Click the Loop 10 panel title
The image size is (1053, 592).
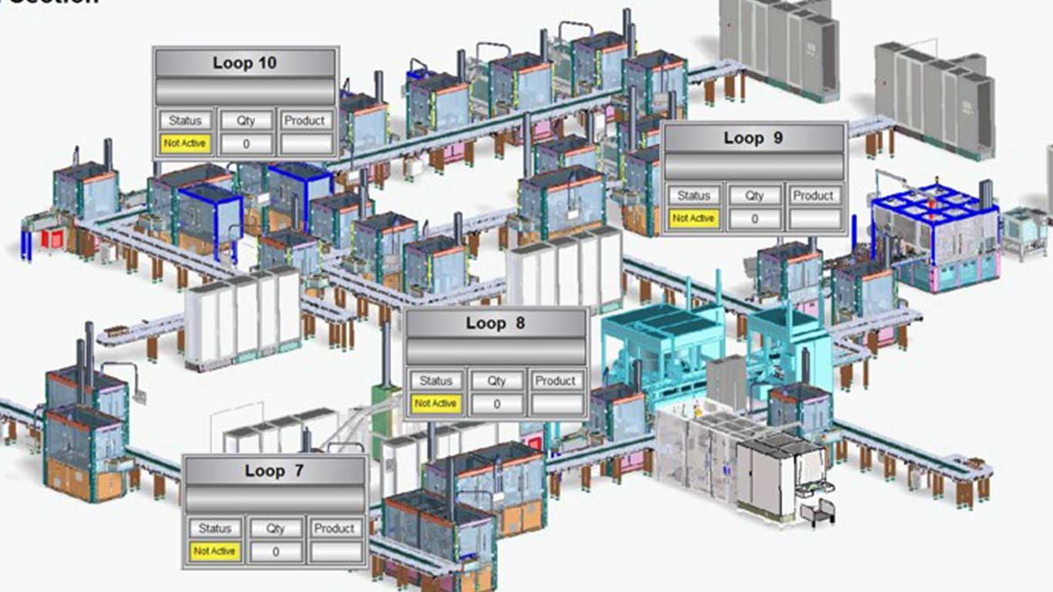coord(245,62)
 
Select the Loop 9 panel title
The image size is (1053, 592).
coord(754,138)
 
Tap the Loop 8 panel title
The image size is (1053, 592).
coord(496,323)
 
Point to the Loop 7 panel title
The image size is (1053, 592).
coord(274,470)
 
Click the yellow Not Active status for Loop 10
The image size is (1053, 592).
coord(185,143)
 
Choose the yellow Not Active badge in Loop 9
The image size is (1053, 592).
coord(693,218)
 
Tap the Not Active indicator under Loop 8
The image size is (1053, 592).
coord(436,403)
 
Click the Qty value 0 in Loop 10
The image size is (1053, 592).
coord(246,143)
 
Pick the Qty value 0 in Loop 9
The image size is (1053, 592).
coord(754,219)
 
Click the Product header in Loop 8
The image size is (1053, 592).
coord(556,381)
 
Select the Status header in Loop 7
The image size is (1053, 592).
coord(215,528)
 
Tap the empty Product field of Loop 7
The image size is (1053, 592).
coord(335,551)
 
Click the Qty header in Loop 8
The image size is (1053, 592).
coord(496,381)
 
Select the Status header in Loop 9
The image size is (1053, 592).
coord(693,196)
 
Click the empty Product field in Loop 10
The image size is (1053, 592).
coord(306,143)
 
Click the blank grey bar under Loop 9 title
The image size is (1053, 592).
coord(754,166)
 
